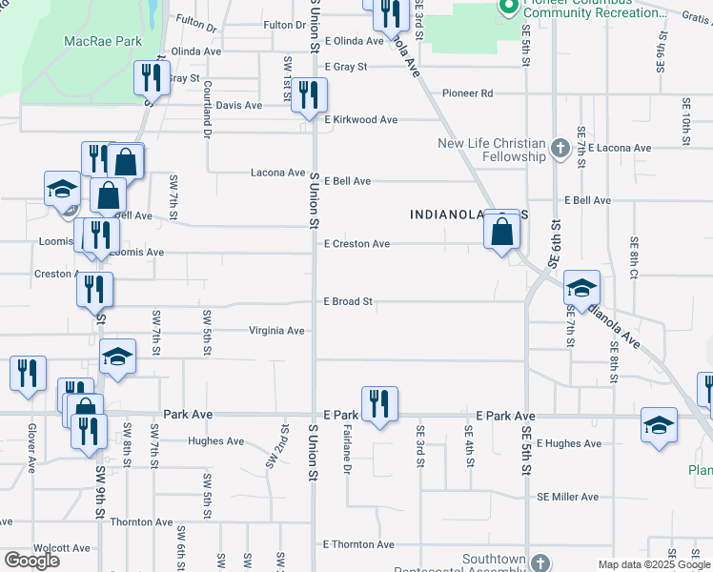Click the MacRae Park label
(x=102, y=42)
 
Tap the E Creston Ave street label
(x=356, y=244)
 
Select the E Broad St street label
(x=347, y=301)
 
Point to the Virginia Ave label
(x=275, y=331)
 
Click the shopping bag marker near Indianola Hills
(x=501, y=231)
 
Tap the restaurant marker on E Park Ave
(x=379, y=404)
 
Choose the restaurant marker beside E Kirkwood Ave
(x=309, y=95)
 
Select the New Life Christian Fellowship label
(x=492, y=150)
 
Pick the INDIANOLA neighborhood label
(x=448, y=215)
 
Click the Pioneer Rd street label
(x=467, y=93)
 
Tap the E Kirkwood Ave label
(x=360, y=120)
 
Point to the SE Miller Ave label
(x=567, y=497)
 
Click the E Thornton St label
(x=358, y=544)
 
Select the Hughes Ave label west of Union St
(x=216, y=441)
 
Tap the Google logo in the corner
(x=31, y=560)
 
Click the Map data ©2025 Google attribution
(x=654, y=564)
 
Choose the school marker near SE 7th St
(x=581, y=287)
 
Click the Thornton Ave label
(x=141, y=522)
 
